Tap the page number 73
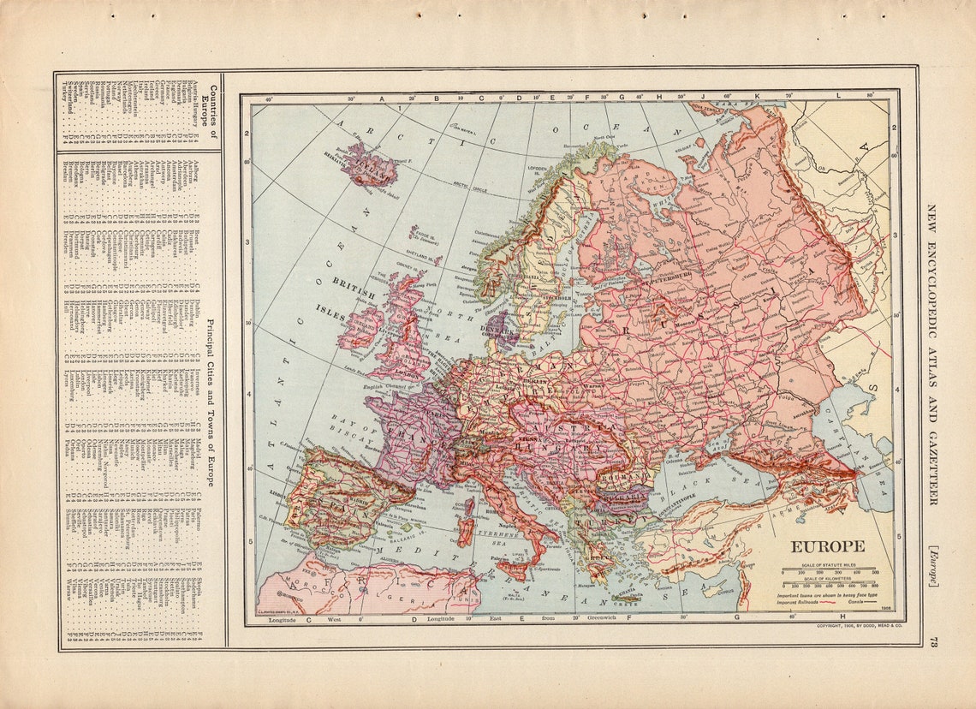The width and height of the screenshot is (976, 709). (x=933, y=643)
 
